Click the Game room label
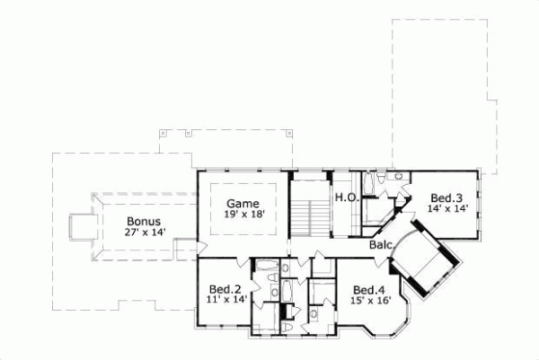pos(243,203)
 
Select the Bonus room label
pos(143,221)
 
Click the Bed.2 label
pos(225,289)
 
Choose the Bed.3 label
pos(446,198)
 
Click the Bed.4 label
pos(369,290)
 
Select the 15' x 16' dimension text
pos(369,301)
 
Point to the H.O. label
pos(346,197)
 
